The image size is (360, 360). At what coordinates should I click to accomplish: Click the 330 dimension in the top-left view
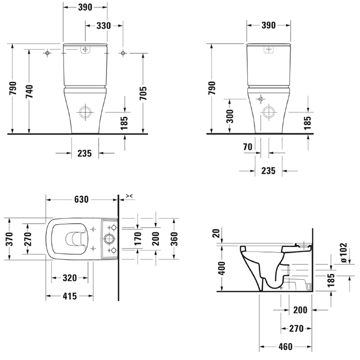pyautogui.click(x=103, y=26)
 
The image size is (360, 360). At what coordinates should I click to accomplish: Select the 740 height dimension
pyautogui.click(x=29, y=92)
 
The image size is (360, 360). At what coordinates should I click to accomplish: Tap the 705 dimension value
pyautogui.click(x=143, y=93)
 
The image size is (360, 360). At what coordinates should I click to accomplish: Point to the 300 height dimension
pyautogui.click(x=230, y=116)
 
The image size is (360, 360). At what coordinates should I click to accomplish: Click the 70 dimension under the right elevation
pyautogui.click(x=247, y=147)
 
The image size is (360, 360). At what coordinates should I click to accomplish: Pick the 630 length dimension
pyautogui.click(x=81, y=200)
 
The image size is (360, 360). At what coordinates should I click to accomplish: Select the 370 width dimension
pyautogui.click(x=9, y=239)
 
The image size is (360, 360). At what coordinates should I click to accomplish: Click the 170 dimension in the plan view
pyautogui.click(x=138, y=239)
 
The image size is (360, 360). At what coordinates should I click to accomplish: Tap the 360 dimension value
pyautogui.click(x=174, y=239)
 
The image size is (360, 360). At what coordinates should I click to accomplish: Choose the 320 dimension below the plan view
pyautogui.click(x=69, y=278)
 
